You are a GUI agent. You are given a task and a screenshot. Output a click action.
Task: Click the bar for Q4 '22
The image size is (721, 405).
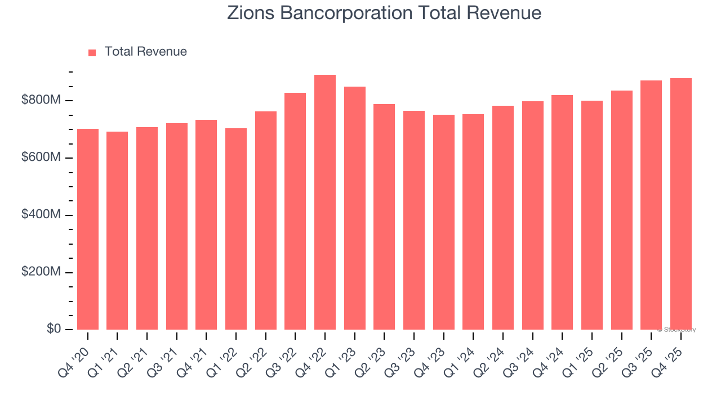point(325,202)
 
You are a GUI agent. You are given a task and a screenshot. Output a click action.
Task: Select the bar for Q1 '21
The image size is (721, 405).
point(117,231)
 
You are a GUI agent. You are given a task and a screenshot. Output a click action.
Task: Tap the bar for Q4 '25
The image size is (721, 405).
point(680,204)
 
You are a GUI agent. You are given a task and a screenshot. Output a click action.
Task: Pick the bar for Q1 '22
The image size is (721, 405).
point(236,229)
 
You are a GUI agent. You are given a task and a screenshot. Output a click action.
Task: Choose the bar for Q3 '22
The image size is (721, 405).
point(295,211)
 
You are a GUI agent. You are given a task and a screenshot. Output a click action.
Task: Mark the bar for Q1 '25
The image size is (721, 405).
point(591,215)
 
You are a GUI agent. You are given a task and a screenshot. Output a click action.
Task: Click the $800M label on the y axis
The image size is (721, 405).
point(41,100)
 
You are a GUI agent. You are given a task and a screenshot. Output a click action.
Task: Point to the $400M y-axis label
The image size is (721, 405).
point(41,215)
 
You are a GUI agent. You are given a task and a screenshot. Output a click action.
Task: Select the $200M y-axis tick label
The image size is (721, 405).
point(41,272)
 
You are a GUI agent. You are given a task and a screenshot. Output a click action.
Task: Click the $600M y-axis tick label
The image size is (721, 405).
point(41,157)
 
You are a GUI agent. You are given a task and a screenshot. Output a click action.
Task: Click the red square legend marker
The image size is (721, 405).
point(92,52)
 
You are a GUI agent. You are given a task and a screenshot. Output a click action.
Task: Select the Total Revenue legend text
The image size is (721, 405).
point(145,52)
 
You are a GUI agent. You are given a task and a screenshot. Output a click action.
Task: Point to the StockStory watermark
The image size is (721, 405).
point(677,330)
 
